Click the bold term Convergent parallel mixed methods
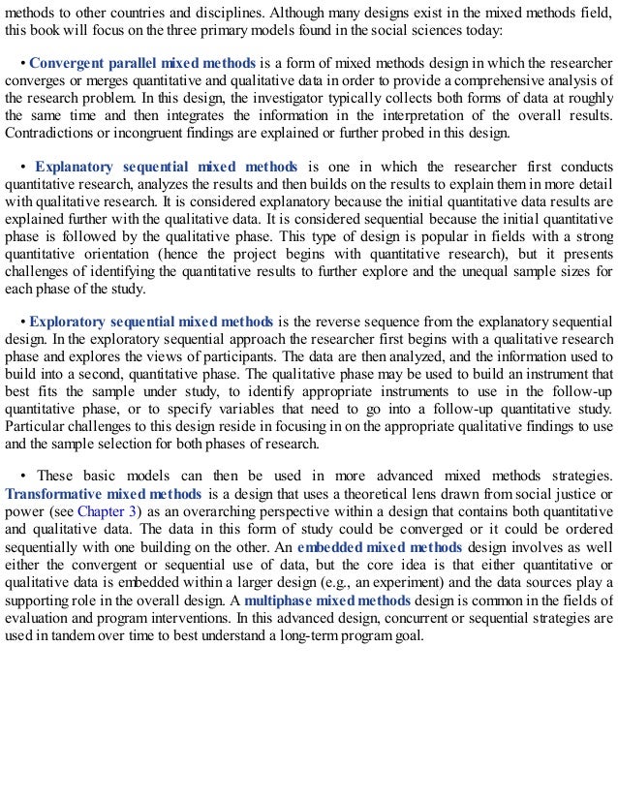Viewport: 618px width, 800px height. (x=142, y=65)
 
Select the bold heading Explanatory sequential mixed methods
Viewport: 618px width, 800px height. (x=166, y=167)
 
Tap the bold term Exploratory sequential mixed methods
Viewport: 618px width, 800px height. (x=152, y=321)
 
